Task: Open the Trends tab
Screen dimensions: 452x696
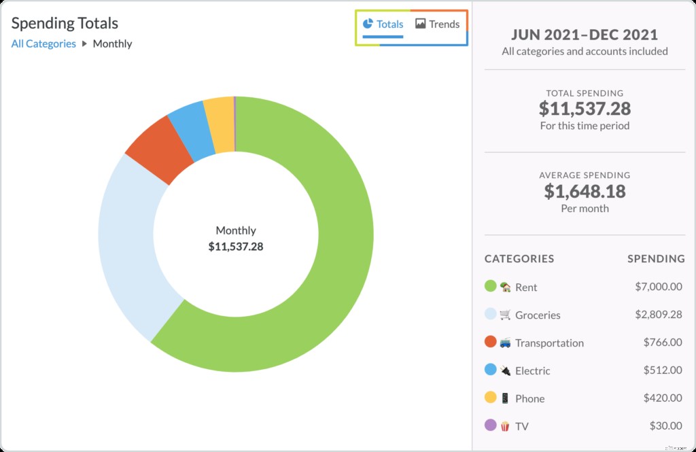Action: click(x=438, y=24)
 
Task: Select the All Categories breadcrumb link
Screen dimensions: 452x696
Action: click(x=43, y=44)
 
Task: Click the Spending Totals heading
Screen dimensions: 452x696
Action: click(x=65, y=23)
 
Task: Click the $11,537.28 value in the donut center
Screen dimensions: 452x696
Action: click(x=236, y=247)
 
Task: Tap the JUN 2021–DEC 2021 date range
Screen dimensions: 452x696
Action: click(x=585, y=35)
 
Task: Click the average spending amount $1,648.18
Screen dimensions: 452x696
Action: click(x=585, y=191)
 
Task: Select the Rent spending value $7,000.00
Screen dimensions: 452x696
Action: click(x=658, y=287)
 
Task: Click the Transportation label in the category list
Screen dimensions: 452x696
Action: click(x=549, y=343)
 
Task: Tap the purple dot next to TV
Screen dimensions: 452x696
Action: click(x=490, y=425)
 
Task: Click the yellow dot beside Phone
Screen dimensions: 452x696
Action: click(x=490, y=398)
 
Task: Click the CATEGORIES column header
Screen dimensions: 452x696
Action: click(x=519, y=259)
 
